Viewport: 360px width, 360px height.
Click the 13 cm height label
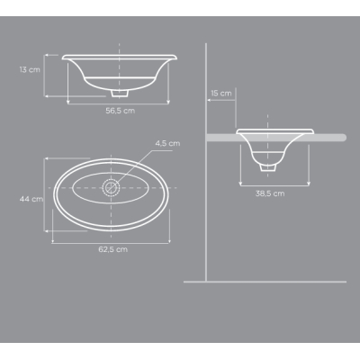point(30,69)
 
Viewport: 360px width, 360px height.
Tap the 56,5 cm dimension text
point(121,111)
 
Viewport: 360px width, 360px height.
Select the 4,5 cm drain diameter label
point(167,143)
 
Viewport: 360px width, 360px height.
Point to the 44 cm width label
point(31,199)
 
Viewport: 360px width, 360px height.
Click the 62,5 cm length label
point(113,249)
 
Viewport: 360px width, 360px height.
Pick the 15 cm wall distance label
point(221,94)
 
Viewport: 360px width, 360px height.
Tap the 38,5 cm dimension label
point(270,193)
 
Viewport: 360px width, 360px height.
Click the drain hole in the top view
point(111,188)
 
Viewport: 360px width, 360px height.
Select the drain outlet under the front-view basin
point(120,93)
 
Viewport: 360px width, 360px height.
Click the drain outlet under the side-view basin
point(268,167)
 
